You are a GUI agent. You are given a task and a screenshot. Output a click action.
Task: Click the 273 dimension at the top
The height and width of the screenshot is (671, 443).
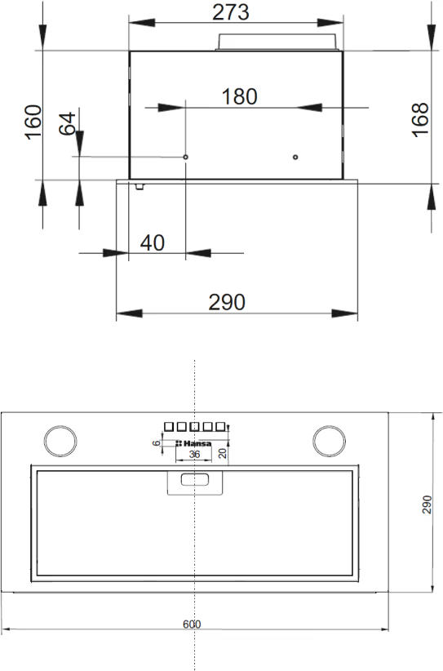click(x=231, y=12)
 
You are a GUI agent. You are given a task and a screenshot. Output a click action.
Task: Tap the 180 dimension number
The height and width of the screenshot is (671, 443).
click(x=240, y=96)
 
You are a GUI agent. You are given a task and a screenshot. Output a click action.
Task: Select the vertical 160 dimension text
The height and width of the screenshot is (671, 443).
click(x=33, y=122)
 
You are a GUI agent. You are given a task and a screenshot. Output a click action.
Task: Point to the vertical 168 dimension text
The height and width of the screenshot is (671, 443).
click(x=420, y=120)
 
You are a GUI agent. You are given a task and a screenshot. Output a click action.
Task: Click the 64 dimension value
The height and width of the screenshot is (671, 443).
click(x=67, y=124)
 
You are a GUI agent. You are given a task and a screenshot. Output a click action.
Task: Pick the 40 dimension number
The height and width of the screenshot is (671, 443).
click(x=153, y=243)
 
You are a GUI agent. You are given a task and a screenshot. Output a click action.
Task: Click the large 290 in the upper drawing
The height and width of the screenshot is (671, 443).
click(x=227, y=302)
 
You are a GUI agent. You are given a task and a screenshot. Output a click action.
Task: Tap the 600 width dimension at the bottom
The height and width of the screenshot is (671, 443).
click(x=192, y=624)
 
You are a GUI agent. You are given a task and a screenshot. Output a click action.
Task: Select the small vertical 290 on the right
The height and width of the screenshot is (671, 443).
click(x=427, y=505)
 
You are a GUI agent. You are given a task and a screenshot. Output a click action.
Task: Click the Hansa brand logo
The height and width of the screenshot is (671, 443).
click(x=193, y=443)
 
